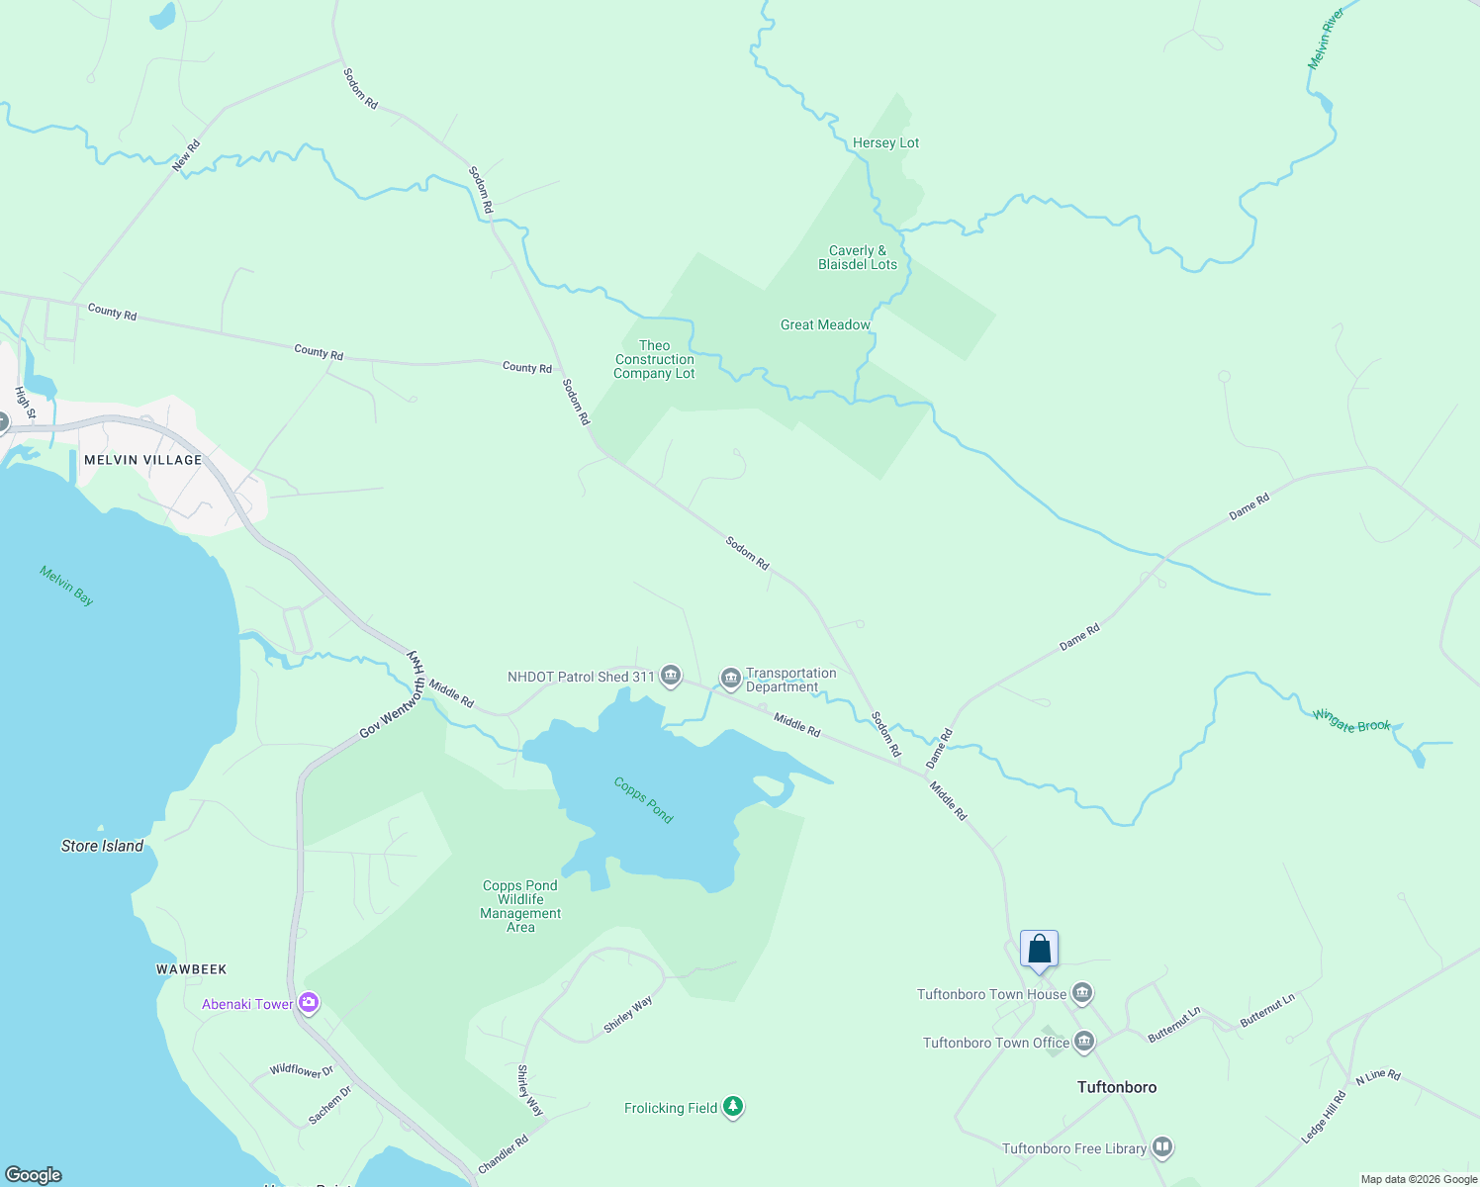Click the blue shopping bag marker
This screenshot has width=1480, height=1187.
[1039, 950]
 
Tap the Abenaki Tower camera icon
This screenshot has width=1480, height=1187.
[309, 1004]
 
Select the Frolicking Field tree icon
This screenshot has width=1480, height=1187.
[733, 1107]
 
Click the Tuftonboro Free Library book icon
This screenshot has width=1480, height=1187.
[1162, 1147]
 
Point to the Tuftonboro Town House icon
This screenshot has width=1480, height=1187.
[1082, 993]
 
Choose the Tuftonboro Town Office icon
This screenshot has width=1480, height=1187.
[1085, 1042]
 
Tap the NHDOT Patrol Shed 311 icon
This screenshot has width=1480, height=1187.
[671, 677]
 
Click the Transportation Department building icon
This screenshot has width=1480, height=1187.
[731, 679]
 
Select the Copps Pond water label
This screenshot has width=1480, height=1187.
[643, 799]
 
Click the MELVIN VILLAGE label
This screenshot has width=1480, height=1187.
[142, 460]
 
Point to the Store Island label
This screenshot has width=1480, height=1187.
[102, 846]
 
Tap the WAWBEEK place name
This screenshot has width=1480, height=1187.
[191, 969]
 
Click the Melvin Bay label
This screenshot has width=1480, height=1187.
[67, 586]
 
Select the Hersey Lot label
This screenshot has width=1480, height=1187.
[885, 143]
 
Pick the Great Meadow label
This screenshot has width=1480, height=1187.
[825, 324]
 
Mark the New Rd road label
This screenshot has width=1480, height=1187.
[186, 156]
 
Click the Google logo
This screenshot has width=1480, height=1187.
[34, 1174]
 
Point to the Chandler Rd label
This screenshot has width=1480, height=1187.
[504, 1154]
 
